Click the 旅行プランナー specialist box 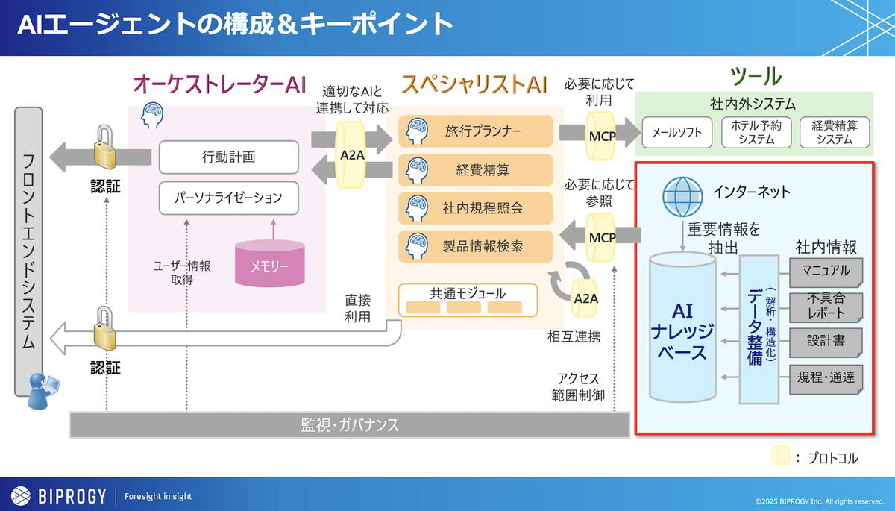point(476,131)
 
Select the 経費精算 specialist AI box point(476,170)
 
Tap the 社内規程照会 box point(476,208)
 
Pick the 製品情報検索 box point(476,246)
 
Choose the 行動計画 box point(228,157)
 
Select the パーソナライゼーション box point(228,197)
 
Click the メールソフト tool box point(676,132)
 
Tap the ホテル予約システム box point(756,132)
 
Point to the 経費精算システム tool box point(834,132)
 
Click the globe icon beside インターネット point(682,194)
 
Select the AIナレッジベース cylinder point(682,328)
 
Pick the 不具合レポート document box point(826,305)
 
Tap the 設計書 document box point(826,341)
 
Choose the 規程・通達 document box point(826,378)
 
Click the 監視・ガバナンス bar point(349,425)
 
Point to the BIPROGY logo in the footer point(59,495)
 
